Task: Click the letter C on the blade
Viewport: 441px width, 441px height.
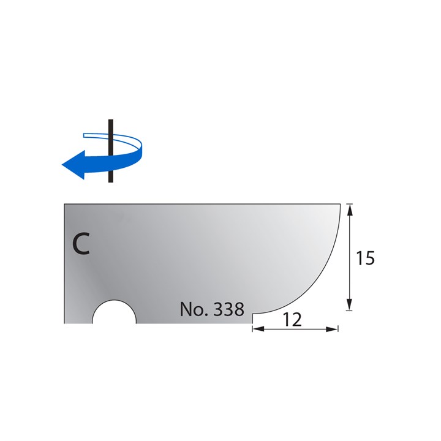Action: point(80,243)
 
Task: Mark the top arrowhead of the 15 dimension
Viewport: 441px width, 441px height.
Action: point(349,209)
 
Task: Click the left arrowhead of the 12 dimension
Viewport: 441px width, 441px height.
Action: point(257,330)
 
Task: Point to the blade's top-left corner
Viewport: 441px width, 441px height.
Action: point(65,203)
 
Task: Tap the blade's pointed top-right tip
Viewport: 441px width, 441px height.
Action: point(340,204)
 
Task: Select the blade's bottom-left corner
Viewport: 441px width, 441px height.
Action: point(65,322)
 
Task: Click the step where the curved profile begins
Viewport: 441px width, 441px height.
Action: point(252,314)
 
